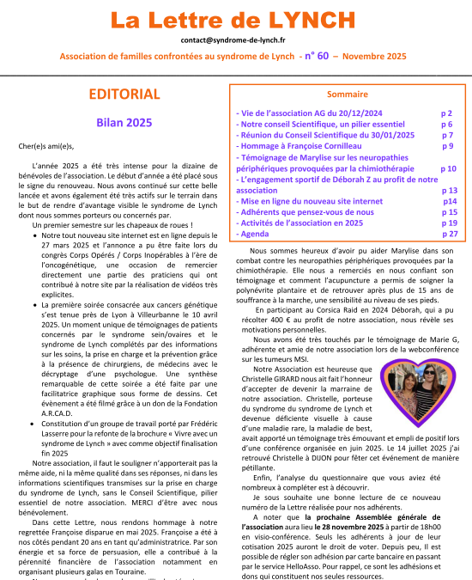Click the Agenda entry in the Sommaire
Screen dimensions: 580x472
254,233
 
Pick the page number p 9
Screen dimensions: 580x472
447,146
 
